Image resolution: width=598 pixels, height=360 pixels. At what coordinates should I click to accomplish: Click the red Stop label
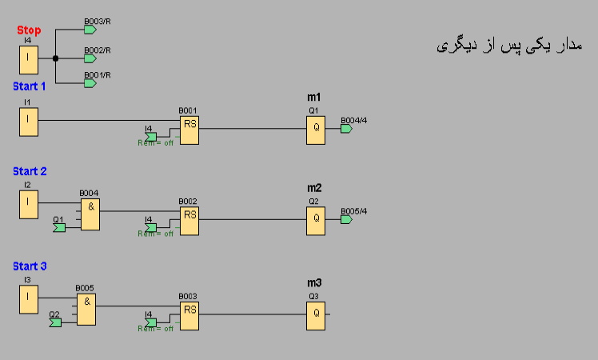(29, 30)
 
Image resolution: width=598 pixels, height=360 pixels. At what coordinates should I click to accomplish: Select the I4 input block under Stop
(29, 58)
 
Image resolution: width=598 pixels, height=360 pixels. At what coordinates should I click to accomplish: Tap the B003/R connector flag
(90, 30)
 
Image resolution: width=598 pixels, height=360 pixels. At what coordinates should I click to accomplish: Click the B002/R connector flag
(90, 58)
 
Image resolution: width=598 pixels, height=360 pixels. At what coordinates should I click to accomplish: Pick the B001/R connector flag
(90, 82)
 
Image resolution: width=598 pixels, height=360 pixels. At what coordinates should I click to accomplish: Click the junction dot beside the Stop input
(55, 58)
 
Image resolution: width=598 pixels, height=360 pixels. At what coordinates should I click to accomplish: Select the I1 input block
(29, 121)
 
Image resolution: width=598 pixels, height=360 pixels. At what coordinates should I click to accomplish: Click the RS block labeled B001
(189, 130)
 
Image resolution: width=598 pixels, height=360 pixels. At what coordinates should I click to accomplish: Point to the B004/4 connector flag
(346, 129)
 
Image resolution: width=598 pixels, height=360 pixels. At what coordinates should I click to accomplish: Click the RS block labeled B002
(189, 221)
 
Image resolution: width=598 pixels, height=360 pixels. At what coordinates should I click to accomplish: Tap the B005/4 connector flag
(346, 219)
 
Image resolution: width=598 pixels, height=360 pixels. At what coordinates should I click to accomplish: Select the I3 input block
(29, 299)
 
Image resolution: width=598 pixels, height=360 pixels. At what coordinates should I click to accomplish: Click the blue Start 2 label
(30, 171)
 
